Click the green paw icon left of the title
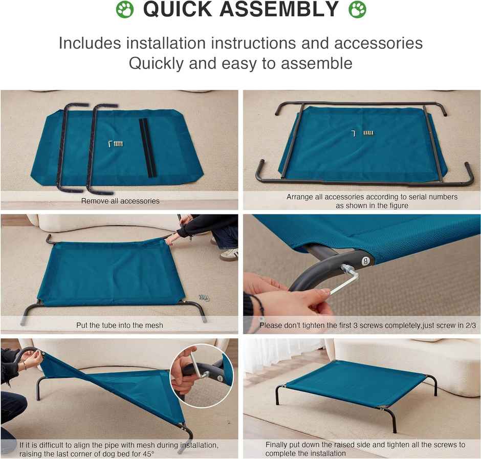click(124, 9)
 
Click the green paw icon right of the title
click(357, 9)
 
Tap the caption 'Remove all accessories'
click(120, 201)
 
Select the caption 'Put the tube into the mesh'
click(120, 325)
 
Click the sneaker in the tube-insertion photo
click(229, 254)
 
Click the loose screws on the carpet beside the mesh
click(204, 297)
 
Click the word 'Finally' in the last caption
click(277, 445)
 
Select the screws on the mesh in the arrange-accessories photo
click(368, 133)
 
